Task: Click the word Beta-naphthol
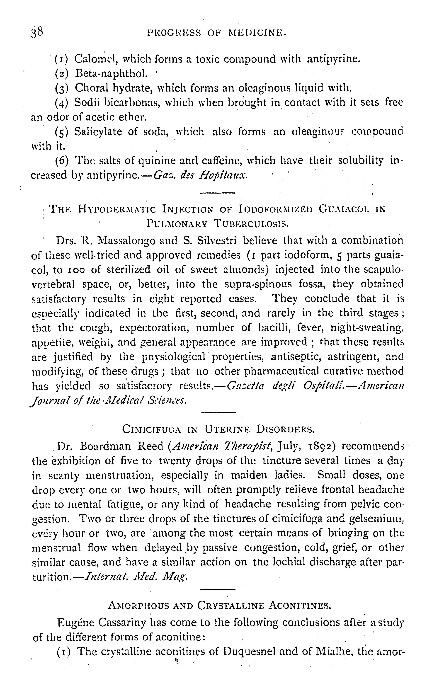(x=111, y=74)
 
